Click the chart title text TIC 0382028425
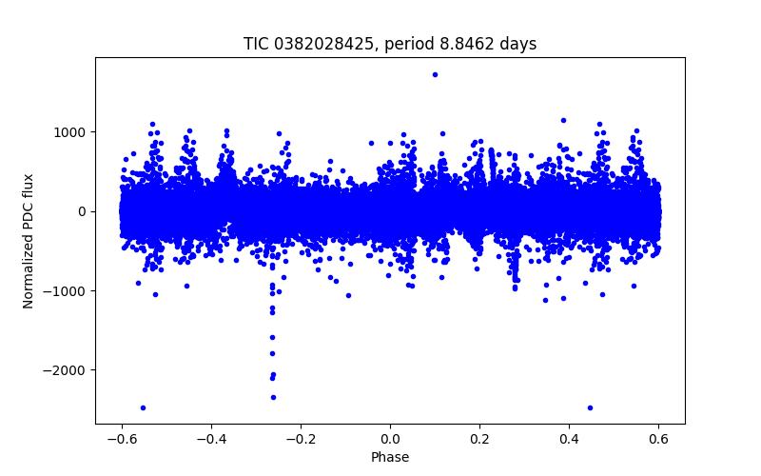click(x=302, y=44)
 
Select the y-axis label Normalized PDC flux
click(x=29, y=240)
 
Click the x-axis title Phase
click(x=390, y=458)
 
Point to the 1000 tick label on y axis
click(x=72, y=132)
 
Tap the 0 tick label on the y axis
click(x=83, y=211)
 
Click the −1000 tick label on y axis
click(x=68, y=290)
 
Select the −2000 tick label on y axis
click(x=68, y=369)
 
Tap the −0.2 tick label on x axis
click(x=301, y=439)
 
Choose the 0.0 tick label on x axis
click(x=390, y=439)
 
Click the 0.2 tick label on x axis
click(x=479, y=439)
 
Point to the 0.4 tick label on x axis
click(x=569, y=439)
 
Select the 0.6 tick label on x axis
click(x=658, y=439)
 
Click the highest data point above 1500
click(x=435, y=74)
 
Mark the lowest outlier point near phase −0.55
click(x=143, y=407)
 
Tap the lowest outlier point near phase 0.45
click(x=590, y=407)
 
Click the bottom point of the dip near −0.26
click(x=273, y=397)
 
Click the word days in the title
click(x=517, y=44)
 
